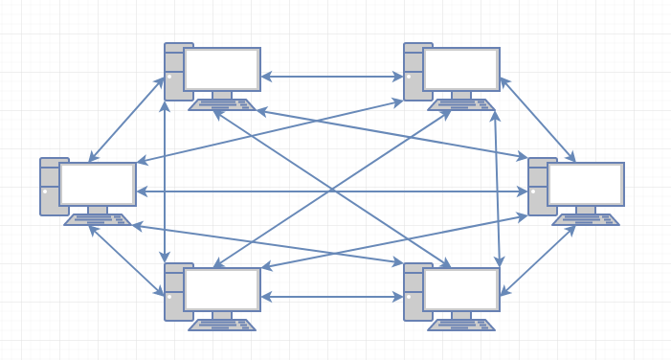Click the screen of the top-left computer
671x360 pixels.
click(222, 69)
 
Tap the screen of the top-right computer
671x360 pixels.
click(461, 69)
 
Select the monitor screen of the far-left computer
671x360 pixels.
click(98, 184)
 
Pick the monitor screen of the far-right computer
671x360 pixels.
click(586, 184)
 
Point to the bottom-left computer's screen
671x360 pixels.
click(222, 289)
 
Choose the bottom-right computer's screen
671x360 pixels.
click(461, 289)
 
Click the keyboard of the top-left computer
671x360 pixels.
click(222, 105)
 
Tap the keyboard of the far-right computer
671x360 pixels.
click(586, 220)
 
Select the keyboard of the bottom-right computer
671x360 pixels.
click(461, 326)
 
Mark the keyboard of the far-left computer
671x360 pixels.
click(98, 220)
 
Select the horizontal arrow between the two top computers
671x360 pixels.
click(332, 77)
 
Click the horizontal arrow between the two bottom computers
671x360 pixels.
click(332, 297)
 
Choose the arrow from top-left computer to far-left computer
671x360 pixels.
click(126, 119)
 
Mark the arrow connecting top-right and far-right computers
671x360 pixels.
click(537, 120)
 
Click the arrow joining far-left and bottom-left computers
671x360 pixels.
click(126, 261)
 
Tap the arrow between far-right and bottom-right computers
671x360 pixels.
click(537, 260)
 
